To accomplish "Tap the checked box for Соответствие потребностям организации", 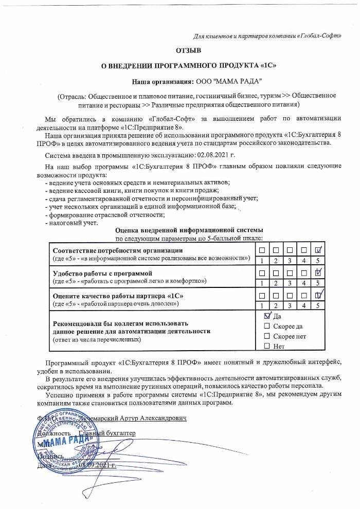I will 318,250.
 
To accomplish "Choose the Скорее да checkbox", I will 266,326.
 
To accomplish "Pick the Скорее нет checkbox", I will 266,336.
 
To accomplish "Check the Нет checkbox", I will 266,346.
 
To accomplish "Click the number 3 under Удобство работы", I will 290,283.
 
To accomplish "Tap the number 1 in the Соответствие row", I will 262,261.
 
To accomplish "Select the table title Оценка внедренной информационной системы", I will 190,230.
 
